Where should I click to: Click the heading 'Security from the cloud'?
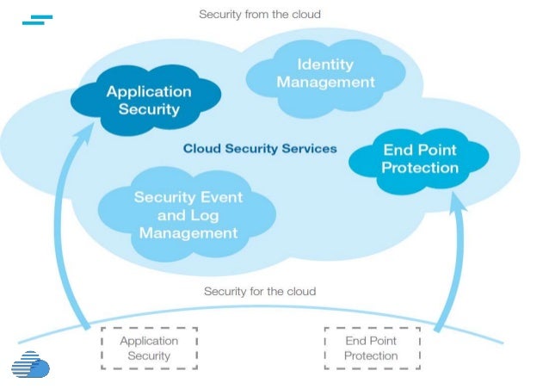260,15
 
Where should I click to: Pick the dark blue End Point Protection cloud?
420,158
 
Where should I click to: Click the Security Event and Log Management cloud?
188,214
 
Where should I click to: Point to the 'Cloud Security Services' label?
260,149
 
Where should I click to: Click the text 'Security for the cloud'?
260,291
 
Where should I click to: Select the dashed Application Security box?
149,348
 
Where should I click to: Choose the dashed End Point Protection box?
371,348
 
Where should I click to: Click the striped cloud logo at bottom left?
30,366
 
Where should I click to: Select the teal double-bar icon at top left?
37,19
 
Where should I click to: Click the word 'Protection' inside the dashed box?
371,355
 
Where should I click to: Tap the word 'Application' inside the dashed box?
149,340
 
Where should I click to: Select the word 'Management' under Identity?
325,83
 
